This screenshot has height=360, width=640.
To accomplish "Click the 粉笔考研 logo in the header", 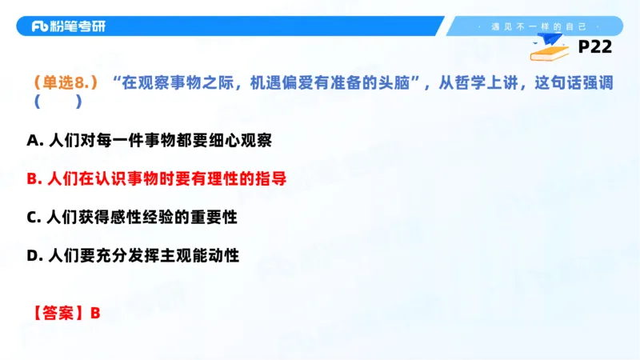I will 68,26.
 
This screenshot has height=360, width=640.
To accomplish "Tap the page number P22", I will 594,47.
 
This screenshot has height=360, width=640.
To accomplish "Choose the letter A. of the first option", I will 34,140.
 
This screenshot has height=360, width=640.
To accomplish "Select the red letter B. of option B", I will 34,178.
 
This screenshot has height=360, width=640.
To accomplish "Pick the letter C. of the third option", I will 34,217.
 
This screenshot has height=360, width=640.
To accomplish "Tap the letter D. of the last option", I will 34,256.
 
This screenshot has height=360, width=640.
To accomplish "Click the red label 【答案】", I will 59,313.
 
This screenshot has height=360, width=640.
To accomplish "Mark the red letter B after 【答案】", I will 95,313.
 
